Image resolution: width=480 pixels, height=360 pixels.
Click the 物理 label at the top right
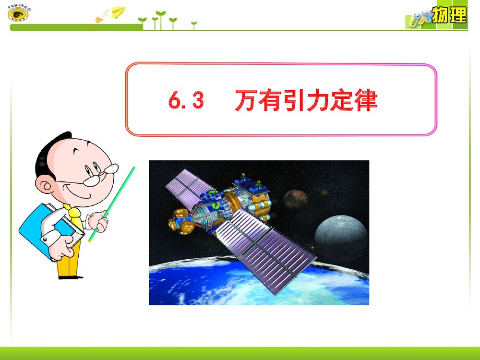(449, 15)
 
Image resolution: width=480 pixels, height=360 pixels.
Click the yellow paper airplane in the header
(118, 12)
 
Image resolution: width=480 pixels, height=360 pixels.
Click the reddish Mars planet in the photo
(295, 199)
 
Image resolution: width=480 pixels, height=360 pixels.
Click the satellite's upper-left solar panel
(187, 185)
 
